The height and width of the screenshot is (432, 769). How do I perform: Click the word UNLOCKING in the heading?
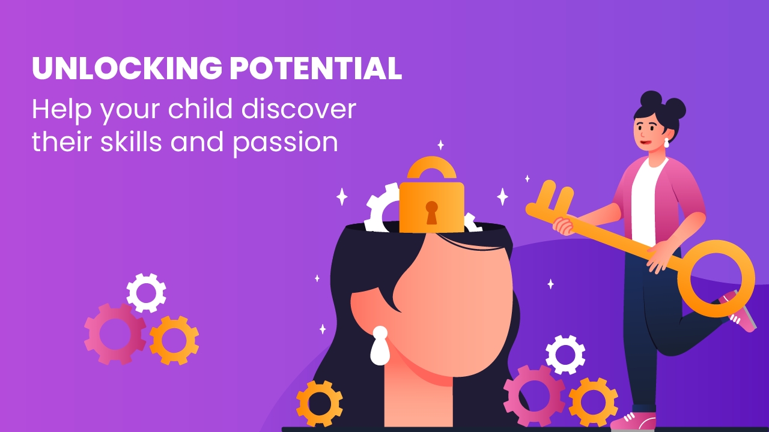[127, 68]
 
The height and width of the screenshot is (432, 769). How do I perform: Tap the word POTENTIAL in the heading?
[316, 68]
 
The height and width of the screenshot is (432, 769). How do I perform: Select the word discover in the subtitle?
[299, 109]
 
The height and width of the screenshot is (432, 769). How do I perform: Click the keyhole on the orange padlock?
[431, 212]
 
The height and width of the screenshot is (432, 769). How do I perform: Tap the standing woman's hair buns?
[663, 103]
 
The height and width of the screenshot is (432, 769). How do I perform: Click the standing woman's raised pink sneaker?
[741, 312]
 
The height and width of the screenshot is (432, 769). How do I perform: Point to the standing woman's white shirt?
[645, 202]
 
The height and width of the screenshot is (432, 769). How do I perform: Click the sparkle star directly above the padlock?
[441, 145]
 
